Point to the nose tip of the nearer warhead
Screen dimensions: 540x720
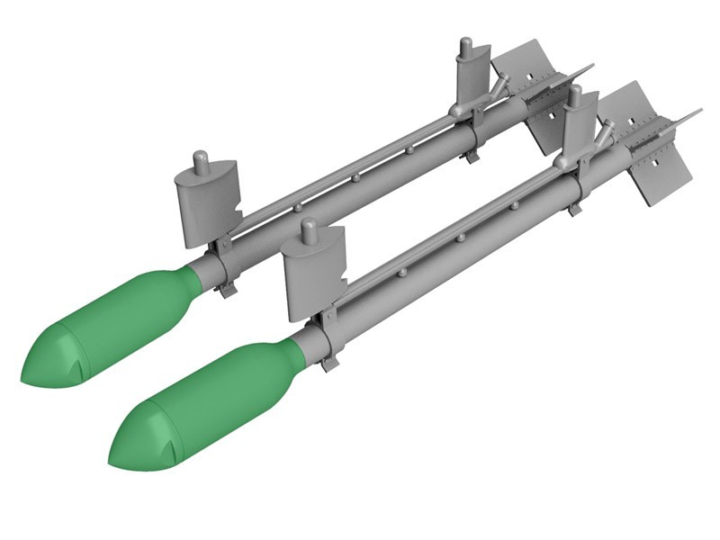tap(114, 461)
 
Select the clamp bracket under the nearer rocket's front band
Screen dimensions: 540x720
tap(330, 362)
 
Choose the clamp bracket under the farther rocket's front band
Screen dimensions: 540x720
tap(227, 288)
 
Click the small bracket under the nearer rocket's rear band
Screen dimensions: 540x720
tap(573, 210)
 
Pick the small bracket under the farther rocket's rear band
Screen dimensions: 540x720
tap(471, 157)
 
